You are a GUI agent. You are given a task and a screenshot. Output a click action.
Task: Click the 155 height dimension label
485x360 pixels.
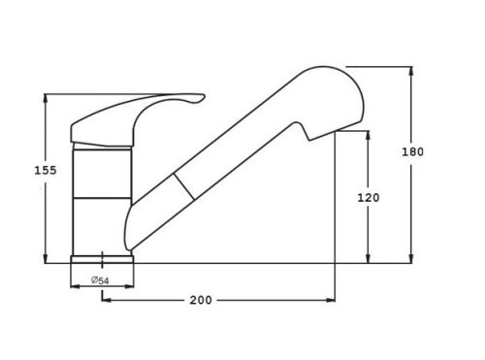pyautogui.click(x=46, y=170)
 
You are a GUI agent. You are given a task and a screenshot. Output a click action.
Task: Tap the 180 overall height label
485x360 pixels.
pyautogui.click(x=412, y=151)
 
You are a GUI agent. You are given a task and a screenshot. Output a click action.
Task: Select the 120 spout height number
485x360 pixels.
pyautogui.click(x=369, y=197)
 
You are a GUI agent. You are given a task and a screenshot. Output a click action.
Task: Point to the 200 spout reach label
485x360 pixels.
pyautogui.click(x=201, y=300)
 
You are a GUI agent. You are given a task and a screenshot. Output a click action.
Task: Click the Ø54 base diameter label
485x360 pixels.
pyautogui.click(x=100, y=280)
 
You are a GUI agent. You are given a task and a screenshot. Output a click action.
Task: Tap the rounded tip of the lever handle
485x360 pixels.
pyautogui.click(x=202, y=97)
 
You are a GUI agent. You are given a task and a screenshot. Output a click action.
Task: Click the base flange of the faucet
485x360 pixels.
pyautogui.click(x=102, y=259)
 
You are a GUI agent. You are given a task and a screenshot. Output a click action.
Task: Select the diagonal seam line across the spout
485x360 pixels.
pyautogui.click(x=184, y=186)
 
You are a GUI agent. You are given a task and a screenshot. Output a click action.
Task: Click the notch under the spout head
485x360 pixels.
pyautogui.click(x=304, y=131)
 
